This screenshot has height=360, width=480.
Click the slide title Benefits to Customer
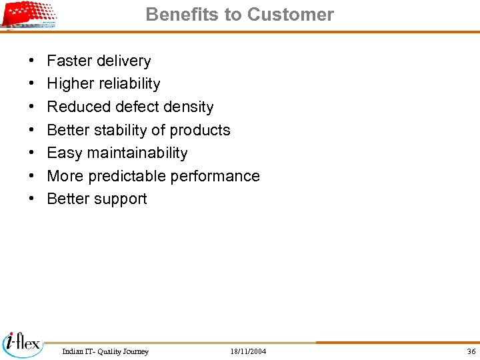(x=239, y=15)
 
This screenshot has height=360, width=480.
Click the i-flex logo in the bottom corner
(x=23, y=343)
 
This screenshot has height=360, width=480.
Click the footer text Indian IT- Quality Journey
(x=105, y=351)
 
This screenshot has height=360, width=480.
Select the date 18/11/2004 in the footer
(x=248, y=351)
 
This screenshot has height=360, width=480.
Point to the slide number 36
(x=471, y=351)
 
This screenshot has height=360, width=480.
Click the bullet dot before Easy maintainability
(x=33, y=153)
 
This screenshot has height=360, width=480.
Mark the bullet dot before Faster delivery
(x=33, y=61)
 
